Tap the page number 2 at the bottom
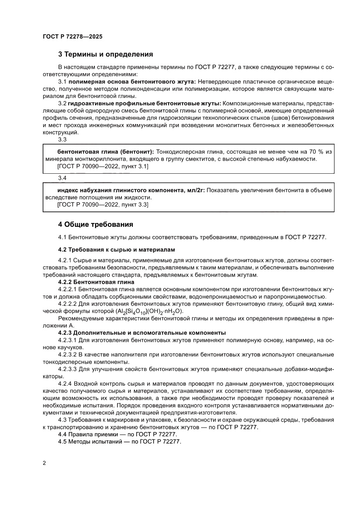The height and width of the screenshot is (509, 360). pyautogui.click(x=44, y=463)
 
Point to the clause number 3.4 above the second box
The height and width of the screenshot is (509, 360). pyautogui.click(x=62, y=178)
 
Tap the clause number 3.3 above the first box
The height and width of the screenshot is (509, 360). pyautogui.click(x=62, y=140)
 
